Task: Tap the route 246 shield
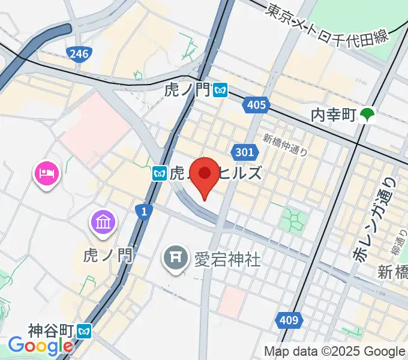[79, 55]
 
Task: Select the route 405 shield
[256, 106]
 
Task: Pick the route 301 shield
[244, 152]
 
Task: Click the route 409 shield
[289, 321]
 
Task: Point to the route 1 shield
[143, 211]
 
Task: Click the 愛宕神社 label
[227, 259]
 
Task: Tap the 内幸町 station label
[334, 114]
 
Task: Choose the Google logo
[40, 346]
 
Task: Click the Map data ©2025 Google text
[335, 352]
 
